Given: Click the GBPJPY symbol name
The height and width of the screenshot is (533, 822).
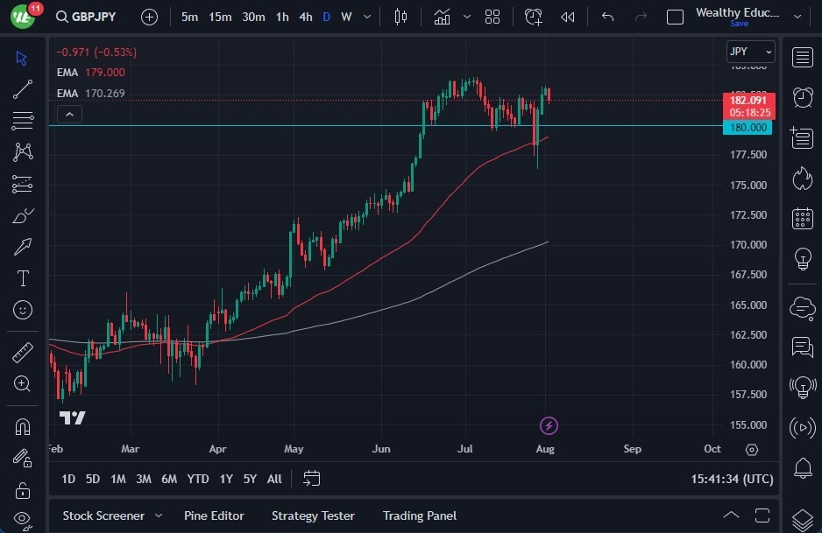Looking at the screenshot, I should (94, 17).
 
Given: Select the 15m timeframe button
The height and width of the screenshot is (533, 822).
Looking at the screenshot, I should (220, 17).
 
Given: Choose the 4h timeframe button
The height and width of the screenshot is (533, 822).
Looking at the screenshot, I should (305, 17).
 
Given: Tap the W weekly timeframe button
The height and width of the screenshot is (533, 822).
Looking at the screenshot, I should (346, 17).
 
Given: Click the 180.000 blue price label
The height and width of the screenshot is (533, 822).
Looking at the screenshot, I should (748, 128).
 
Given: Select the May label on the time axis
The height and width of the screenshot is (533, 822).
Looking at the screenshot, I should (294, 449).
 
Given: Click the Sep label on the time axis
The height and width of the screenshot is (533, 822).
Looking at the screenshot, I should (632, 449).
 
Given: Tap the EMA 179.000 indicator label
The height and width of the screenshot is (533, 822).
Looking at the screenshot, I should (91, 73).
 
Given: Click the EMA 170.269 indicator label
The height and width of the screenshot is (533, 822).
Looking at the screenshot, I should (91, 93).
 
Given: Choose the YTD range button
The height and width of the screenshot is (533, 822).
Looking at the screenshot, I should (198, 479).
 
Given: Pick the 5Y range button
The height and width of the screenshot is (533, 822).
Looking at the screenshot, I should (250, 479).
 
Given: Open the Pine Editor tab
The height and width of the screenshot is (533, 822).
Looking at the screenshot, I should (214, 515).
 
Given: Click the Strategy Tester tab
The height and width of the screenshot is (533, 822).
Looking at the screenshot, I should (313, 515).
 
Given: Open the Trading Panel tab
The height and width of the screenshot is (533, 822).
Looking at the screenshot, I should (420, 515).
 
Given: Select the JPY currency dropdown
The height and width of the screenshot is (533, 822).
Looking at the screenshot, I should (750, 52).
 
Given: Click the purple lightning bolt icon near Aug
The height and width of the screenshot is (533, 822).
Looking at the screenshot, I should (549, 426).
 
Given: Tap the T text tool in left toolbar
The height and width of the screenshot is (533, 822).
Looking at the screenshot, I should (23, 278).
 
